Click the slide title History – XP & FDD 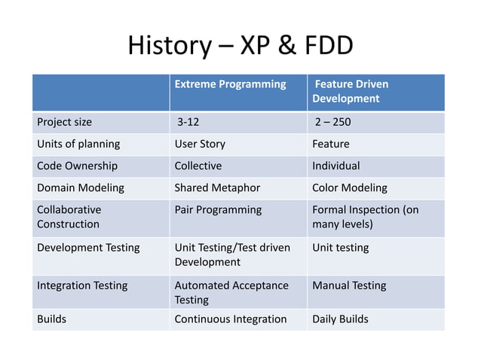point(240,47)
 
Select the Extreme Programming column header point(230,84)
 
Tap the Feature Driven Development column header point(351,91)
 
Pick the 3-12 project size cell point(188,122)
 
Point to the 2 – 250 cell point(332,122)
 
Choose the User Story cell point(200,144)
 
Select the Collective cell point(198,166)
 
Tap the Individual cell point(336,166)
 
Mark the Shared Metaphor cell point(217,188)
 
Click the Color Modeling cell point(350,188)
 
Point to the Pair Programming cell point(218,209)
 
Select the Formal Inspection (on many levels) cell point(365,217)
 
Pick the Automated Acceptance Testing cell point(231,293)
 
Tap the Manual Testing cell point(349,285)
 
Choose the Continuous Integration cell point(231,319)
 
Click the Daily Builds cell point(340,319)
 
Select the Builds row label point(52,319)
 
